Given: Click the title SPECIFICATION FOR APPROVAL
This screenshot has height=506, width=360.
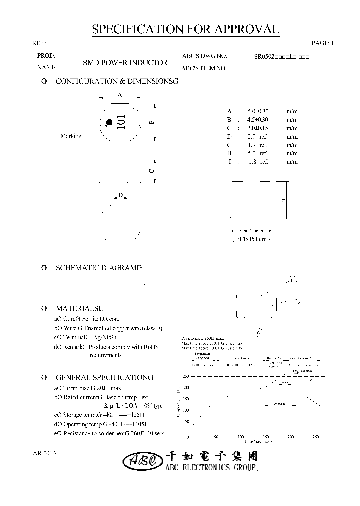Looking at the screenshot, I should click(x=185, y=29).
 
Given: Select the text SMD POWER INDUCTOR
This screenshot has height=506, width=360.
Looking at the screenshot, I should click(x=125, y=63).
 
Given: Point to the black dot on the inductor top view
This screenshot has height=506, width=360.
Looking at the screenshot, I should click(x=109, y=122).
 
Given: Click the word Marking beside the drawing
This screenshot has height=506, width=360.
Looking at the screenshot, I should click(x=71, y=136).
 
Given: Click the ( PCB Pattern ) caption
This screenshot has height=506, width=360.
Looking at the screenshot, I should click(x=251, y=239).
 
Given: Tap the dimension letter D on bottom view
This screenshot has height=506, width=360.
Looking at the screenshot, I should click(x=120, y=196).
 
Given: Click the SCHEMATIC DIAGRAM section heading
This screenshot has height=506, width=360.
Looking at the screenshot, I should click(x=98, y=268).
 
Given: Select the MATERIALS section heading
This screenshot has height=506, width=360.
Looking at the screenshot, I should click(x=80, y=309).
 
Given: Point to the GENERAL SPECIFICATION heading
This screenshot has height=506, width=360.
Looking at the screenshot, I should click(x=104, y=378).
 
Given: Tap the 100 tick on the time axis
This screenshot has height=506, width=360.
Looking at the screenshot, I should click(x=241, y=437).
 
